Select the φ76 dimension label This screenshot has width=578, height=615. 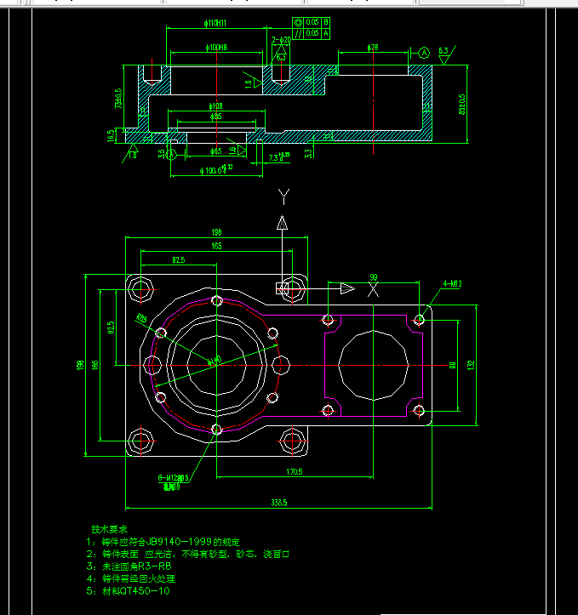pyautogui.click(x=373, y=48)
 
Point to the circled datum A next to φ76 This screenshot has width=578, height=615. pyautogui.click(x=423, y=53)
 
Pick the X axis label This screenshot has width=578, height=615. pyautogui.click(x=372, y=290)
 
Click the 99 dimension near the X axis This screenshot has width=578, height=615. pyautogui.click(x=373, y=277)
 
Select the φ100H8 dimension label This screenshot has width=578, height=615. pyautogui.click(x=215, y=47)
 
